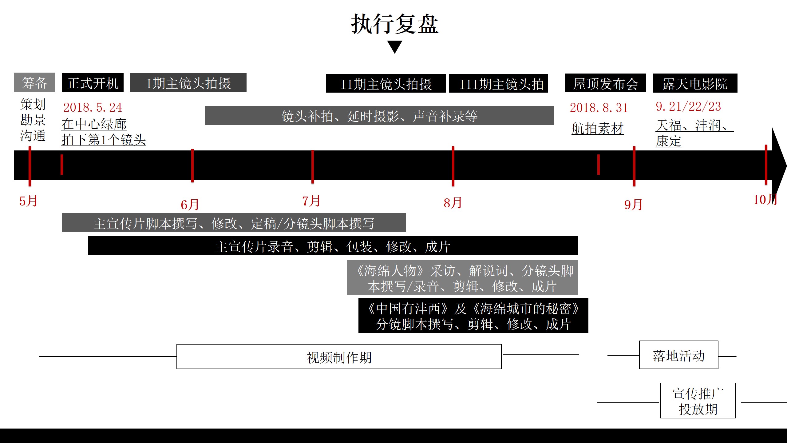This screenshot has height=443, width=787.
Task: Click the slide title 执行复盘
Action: coord(395,24)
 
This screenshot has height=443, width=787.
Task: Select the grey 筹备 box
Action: coord(34,82)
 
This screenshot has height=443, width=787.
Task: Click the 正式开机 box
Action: coord(93,82)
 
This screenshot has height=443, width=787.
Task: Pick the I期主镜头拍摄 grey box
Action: coord(188,82)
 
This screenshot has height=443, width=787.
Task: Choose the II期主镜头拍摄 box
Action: coord(386,83)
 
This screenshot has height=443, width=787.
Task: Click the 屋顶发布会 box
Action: coord(605,83)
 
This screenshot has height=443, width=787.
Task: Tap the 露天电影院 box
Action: coord(695,83)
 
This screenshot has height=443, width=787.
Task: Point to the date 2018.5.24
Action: coord(93,107)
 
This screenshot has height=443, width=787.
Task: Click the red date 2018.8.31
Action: coord(599,108)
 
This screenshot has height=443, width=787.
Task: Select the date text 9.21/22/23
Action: coord(688,106)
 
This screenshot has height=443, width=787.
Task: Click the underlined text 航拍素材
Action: coord(598,128)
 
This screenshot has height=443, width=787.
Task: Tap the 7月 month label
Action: coord(311,201)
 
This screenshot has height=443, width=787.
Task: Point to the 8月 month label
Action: coord(453,203)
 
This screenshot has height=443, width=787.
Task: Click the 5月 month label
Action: coord(28,201)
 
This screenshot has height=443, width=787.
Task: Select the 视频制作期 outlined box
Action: coord(339,357)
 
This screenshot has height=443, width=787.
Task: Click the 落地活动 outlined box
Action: coord(679,355)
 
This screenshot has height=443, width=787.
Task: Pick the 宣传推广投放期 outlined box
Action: coord(698,401)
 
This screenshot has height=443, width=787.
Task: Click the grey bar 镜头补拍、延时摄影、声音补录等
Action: coord(379,115)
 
